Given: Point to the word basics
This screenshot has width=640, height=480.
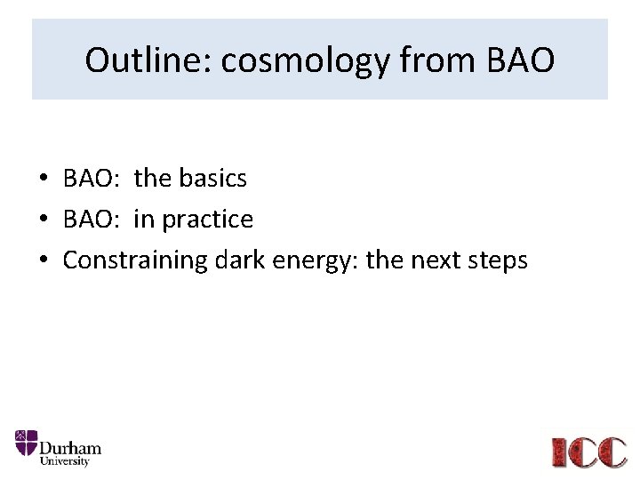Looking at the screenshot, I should pyautogui.click(x=212, y=178).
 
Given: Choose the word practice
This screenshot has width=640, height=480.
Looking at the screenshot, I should pyautogui.click(x=210, y=220).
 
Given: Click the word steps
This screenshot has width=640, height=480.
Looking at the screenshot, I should pyautogui.click(x=498, y=260).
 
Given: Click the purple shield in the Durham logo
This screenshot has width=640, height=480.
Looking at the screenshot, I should pyautogui.click(x=27, y=444).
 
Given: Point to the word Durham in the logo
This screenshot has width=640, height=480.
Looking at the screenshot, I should pyautogui.click(x=70, y=447).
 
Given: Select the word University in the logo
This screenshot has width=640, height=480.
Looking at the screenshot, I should pyautogui.click(x=64, y=461).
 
